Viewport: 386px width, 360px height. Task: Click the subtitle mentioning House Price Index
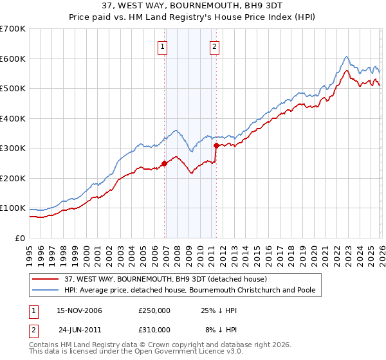pyautogui.click(x=193, y=18)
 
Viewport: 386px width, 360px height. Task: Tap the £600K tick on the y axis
pyautogui.click(x=13, y=59)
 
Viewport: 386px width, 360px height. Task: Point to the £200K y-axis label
pyautogui.click(x=13, y=178)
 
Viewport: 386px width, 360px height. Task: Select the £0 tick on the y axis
pyautogui.click(x=21, y=238)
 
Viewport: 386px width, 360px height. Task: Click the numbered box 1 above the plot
pyautogui.click(x=163, y=46)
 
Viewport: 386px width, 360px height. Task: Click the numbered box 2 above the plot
pyautogui.click(x=214, y=46)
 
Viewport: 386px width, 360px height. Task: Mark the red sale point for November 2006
pyautogui.click(x=165, y=163)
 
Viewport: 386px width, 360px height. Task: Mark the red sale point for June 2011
pyautogui.click(x=216, y=146)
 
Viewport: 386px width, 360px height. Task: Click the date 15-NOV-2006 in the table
pyautogui.click(x=80, y=310)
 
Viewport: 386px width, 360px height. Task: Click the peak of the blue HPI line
pyautogui.click(x=346, y=57)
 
